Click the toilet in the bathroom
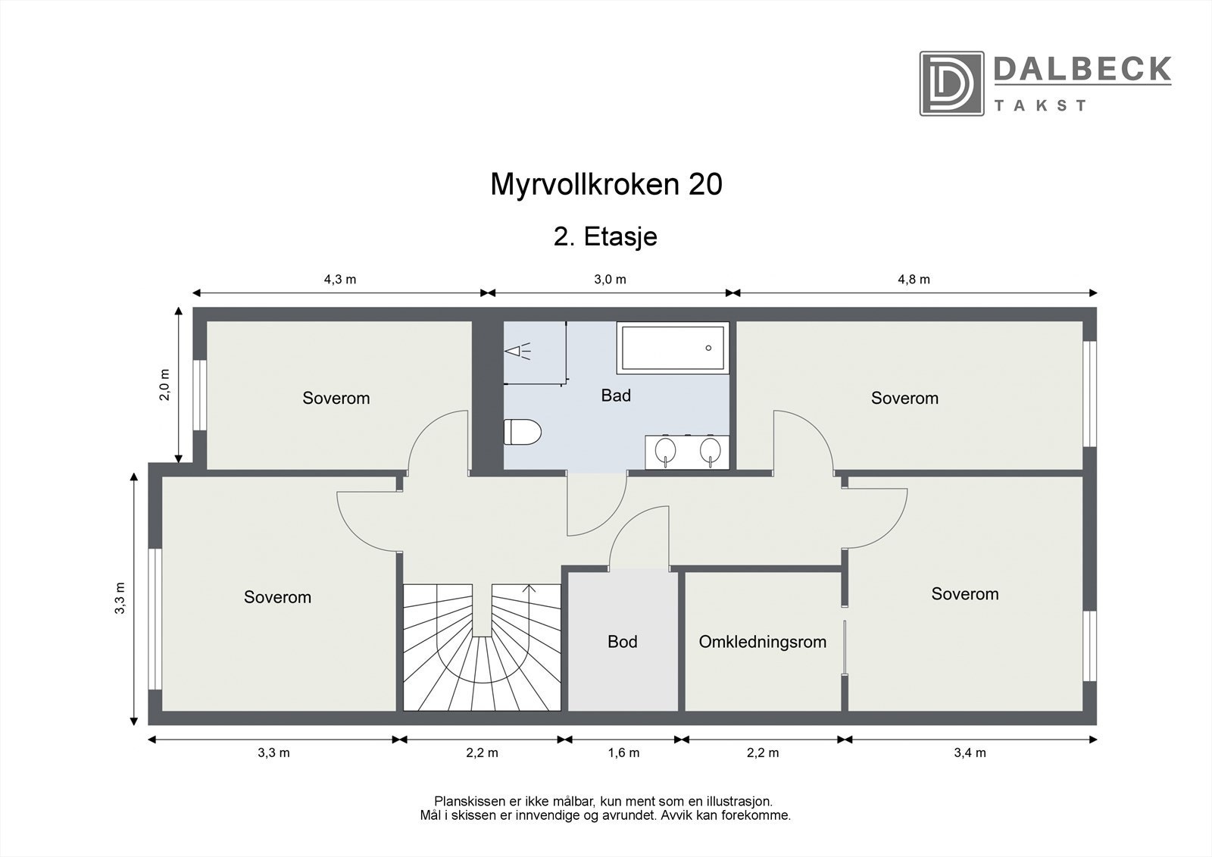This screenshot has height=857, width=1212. pos(523,432)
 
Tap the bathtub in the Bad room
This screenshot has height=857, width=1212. pos(673,347)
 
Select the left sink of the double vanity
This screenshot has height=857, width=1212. pos(666,449)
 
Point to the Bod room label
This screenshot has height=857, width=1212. pos(622,642)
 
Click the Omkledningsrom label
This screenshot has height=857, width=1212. pos(762,642)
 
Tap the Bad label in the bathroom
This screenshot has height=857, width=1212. pos(615,395)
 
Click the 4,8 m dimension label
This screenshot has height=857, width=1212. pos(914,279)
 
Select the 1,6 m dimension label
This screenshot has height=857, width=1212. pos(623,752)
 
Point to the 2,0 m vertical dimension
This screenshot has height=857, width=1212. pos(165,384)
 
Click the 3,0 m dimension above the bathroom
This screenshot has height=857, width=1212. pos(610,279)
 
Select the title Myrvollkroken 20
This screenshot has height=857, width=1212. pos(606,184)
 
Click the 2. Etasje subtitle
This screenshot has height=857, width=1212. pos(605,236)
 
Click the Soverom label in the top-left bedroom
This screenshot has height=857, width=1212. pos(336,398)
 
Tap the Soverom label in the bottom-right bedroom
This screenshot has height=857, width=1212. pos(964,594)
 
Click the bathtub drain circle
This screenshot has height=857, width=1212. pos(708,348)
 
